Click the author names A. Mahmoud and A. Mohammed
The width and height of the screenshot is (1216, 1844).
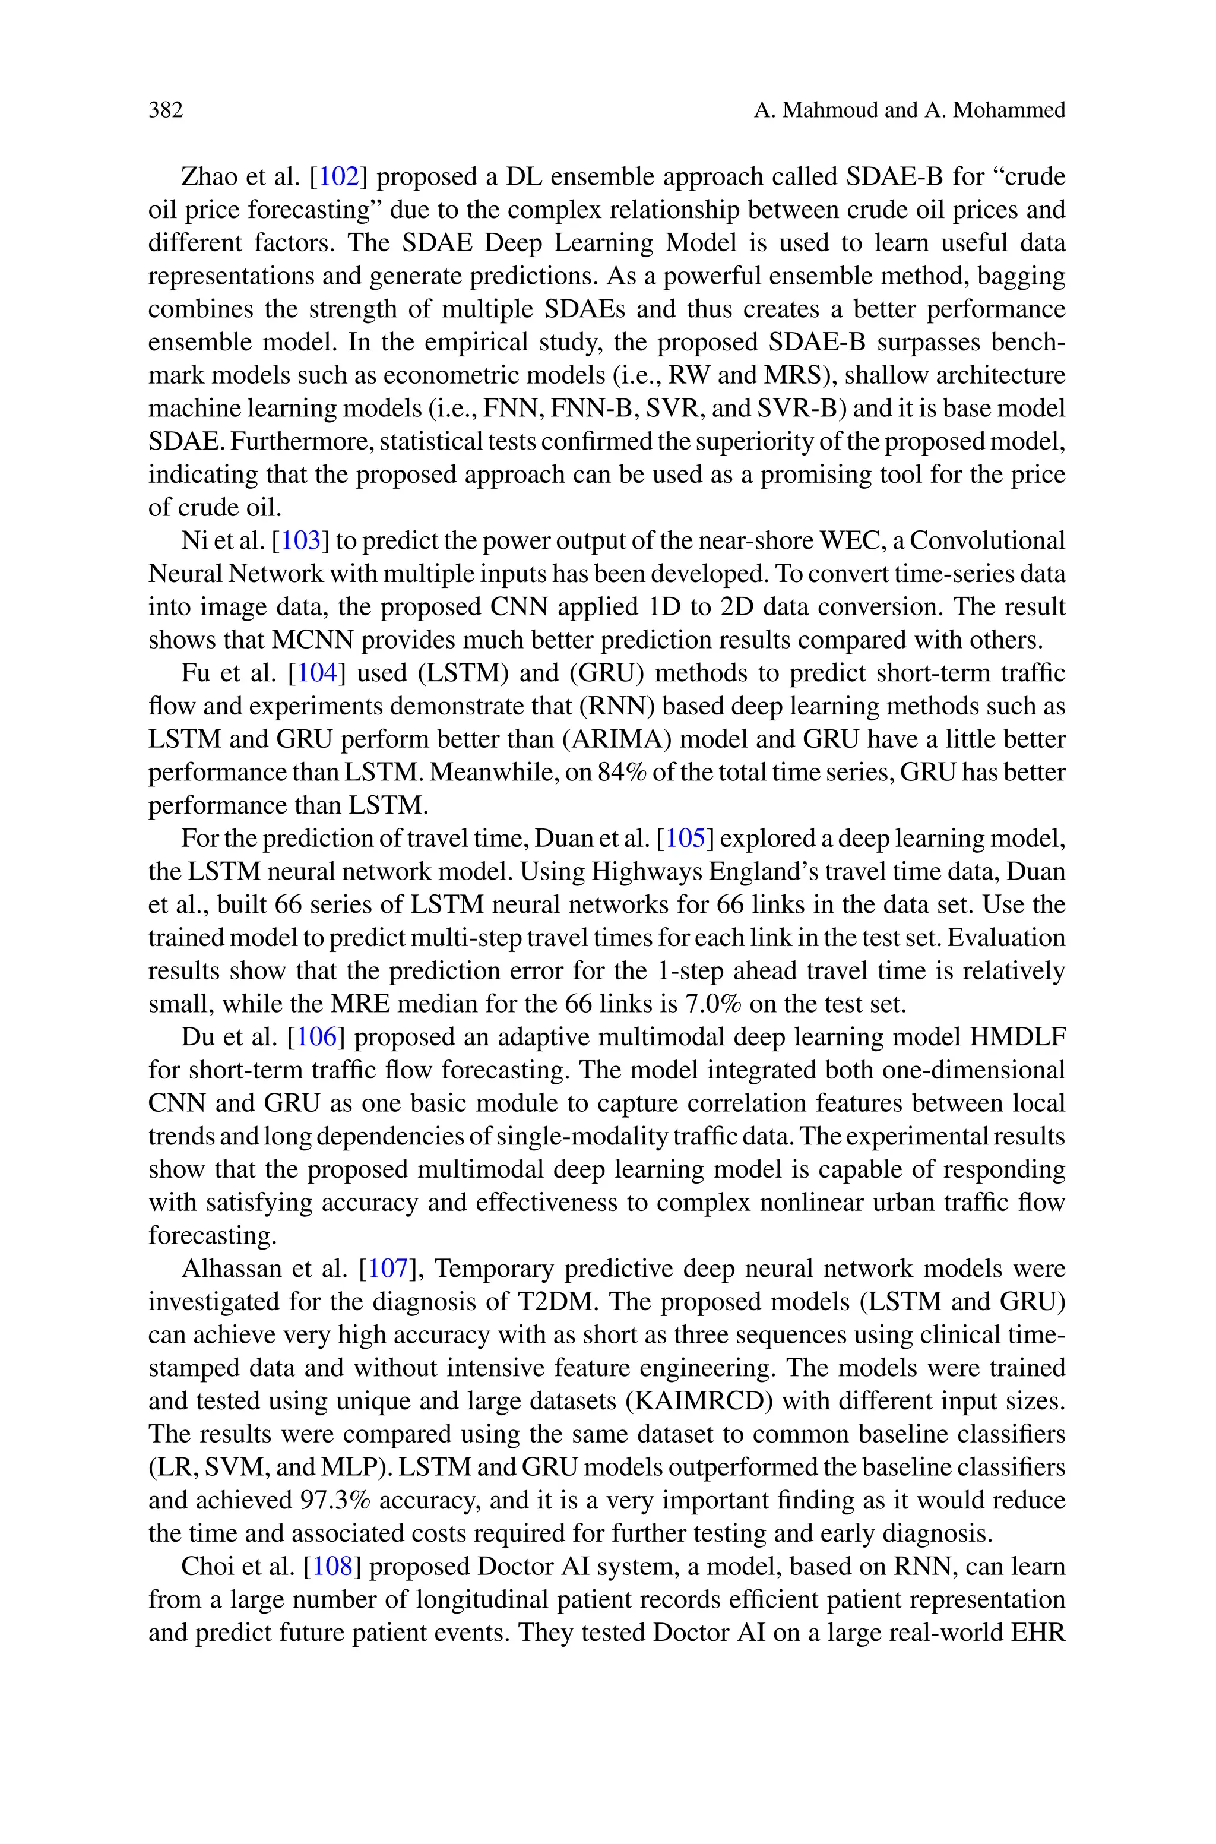click(x=909, y=110)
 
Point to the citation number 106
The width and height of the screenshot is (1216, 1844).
click(x=316, y=1037)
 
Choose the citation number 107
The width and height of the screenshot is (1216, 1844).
click(x=388, y=1269)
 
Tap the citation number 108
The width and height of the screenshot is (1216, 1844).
click(x=332, y=1567)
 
